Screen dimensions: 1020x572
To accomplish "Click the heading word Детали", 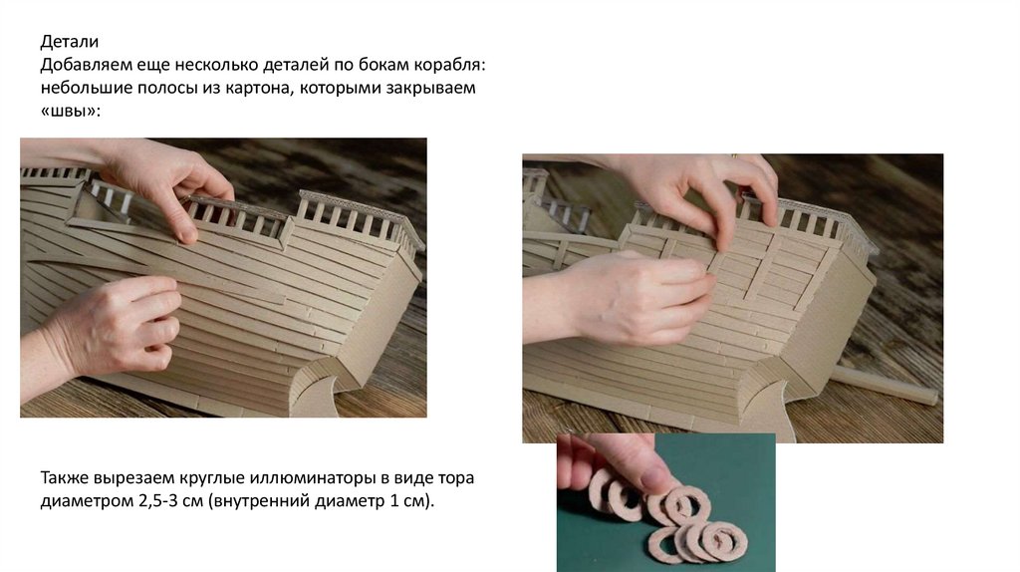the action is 70,42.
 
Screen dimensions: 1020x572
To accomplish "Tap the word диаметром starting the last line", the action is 87,501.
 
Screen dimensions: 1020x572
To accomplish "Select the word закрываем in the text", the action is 431,88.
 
